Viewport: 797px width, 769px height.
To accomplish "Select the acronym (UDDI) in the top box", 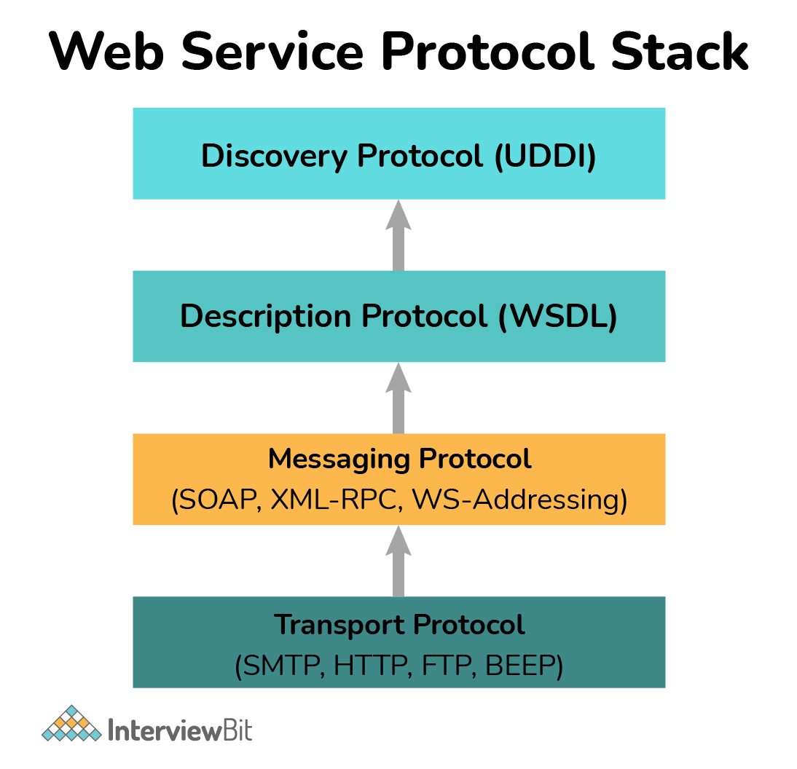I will pyautogui.click(x=545, y=157).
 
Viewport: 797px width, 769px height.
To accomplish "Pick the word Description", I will pyautogui.click(x=266, y=316).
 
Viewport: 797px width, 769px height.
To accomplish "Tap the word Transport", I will pyautogui.click(x=339, y=624).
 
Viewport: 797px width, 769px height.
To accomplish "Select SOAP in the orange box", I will pyautogui.click(x=216, y=500).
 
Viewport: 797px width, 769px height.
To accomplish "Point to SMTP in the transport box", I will pyautogui.click(x=280, y=666).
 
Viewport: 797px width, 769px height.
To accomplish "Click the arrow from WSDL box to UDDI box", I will pyautogui.click(x=398, y=234).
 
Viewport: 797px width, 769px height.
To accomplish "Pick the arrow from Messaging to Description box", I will pyautogui.click(x=398, y=398).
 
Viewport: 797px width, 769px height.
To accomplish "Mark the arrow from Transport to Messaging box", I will pyautogui.click(x=398, y=561).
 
